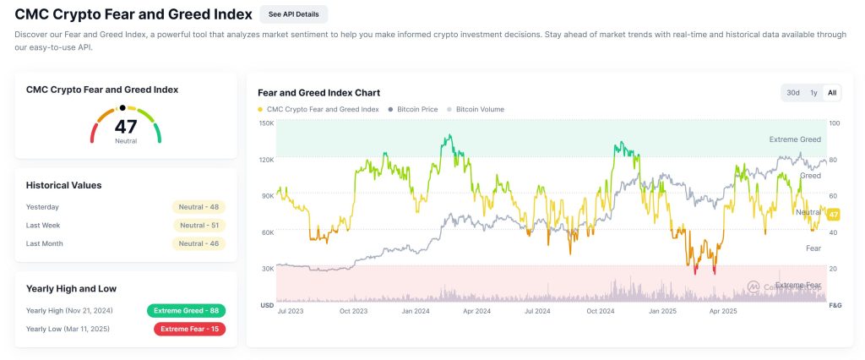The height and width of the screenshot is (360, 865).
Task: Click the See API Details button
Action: click(293, 14)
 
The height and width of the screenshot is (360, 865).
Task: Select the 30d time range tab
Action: click(792, 93)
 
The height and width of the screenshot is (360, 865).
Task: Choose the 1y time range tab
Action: click(813, 93)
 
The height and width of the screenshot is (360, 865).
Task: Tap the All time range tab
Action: click(832, 93)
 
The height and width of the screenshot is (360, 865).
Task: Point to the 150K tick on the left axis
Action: click(266, 123)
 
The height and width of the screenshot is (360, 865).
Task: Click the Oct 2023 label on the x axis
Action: click(353, 312)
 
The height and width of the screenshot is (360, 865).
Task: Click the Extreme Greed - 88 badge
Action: click(186, 310)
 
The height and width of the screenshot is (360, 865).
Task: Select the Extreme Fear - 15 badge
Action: click(189, 329)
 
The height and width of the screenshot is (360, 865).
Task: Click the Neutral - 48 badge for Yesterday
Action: click(199, 207)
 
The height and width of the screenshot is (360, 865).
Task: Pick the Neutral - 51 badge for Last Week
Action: click(199, 226)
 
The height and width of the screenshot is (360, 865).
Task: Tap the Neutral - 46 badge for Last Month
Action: click(199, 244)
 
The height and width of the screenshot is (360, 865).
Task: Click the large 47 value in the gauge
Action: click(125, 127)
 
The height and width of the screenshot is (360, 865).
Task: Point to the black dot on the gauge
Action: click(122, 108)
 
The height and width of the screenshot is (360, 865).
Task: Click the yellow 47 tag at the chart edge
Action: click(833, 215)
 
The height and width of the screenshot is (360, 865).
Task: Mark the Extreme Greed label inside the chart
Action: click(795, 139)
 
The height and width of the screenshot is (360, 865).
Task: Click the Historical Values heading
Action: click(64, 185)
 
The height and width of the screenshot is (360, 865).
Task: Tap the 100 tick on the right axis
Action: click(834, 123)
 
